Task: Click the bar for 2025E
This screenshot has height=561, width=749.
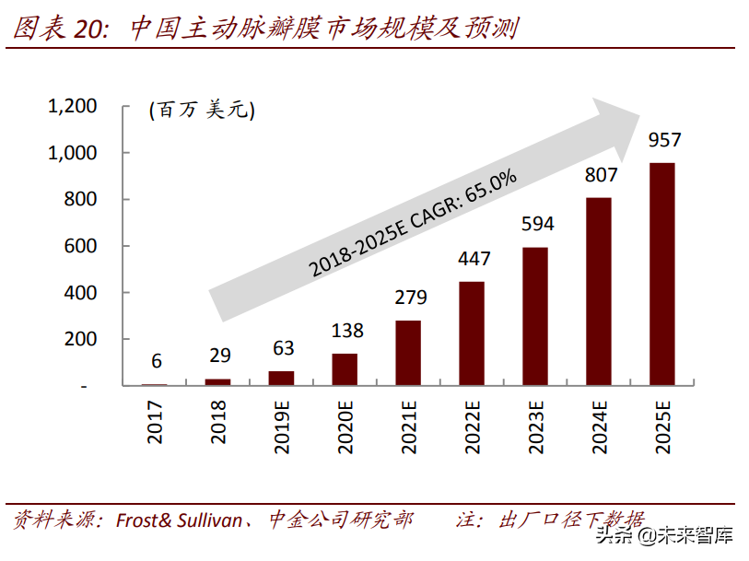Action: (661, 275)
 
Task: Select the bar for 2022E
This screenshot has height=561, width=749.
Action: (472, 333)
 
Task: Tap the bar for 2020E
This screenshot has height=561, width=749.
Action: (345, 369)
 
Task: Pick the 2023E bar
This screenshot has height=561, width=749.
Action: (535, 316)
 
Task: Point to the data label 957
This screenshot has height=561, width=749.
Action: (664, 140)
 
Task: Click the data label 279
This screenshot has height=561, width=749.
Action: (411, 298)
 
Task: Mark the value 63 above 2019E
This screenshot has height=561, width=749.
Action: (283, 348)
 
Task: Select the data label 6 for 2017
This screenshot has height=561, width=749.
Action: (157, 361)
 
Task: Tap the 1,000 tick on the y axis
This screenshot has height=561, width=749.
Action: (72, 153)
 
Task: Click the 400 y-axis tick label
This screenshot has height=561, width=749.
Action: (80, 293)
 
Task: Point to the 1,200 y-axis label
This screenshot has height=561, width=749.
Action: (72, 106)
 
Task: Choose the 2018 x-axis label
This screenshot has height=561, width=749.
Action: (217, 422)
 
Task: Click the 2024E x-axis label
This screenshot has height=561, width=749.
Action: (599, 427)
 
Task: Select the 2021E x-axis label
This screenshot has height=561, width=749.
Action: (408, 427)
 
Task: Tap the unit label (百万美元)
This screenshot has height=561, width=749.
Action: (202, 110)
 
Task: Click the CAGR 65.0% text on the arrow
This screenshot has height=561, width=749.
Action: (413, 223)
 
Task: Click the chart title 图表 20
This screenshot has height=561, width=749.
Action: (60, 28)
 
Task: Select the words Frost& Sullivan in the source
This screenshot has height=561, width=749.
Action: (179, 520)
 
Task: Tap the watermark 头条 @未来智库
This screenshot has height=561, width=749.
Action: (664, 536)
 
